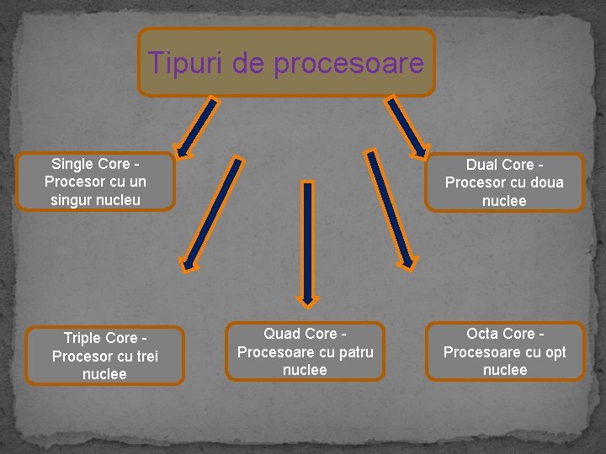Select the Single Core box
tap(95, 182)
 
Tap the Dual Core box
tap(504, 182)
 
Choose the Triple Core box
tap(105, 356)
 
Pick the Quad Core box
tap(305, 352)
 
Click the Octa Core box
tap(505, 352)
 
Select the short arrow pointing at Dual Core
tap(407, 127)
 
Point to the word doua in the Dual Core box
tap(547, 182)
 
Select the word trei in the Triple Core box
tap(142, 356)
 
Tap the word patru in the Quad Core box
tap(356, 352)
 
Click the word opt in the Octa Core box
tap(555, 352)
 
